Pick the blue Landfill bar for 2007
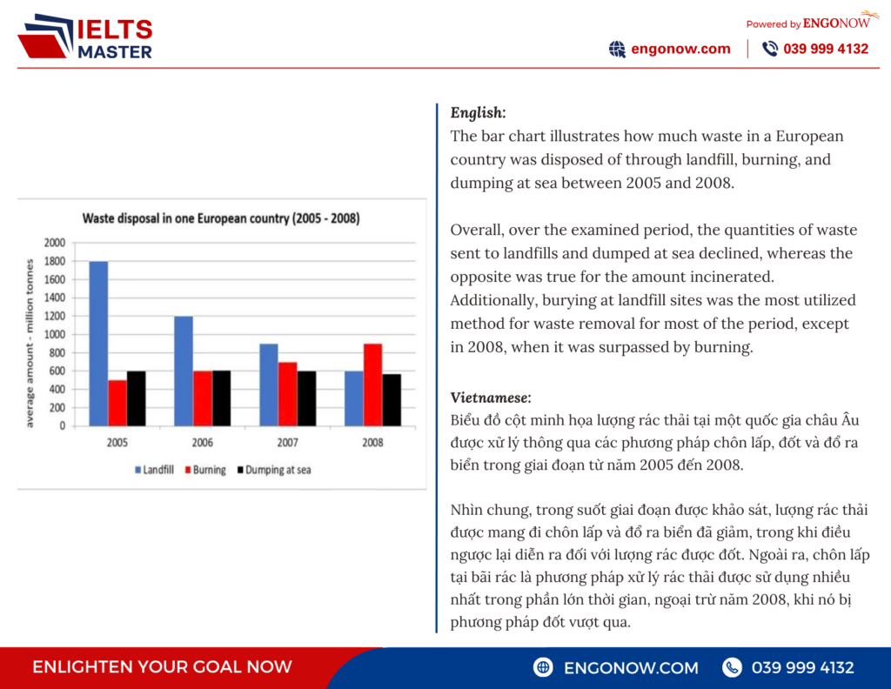pos(269,385)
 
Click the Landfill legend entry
pos(154,470)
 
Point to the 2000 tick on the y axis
pos(54,242)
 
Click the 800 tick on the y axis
pos(57,352)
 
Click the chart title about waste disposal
pos(221,218)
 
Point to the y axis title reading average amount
pos(30,341)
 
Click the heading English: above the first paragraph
pos(478,112)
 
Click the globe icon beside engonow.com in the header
pos(617,49)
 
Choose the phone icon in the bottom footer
pos(733,667)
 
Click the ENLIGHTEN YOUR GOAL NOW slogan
pos(162,667)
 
